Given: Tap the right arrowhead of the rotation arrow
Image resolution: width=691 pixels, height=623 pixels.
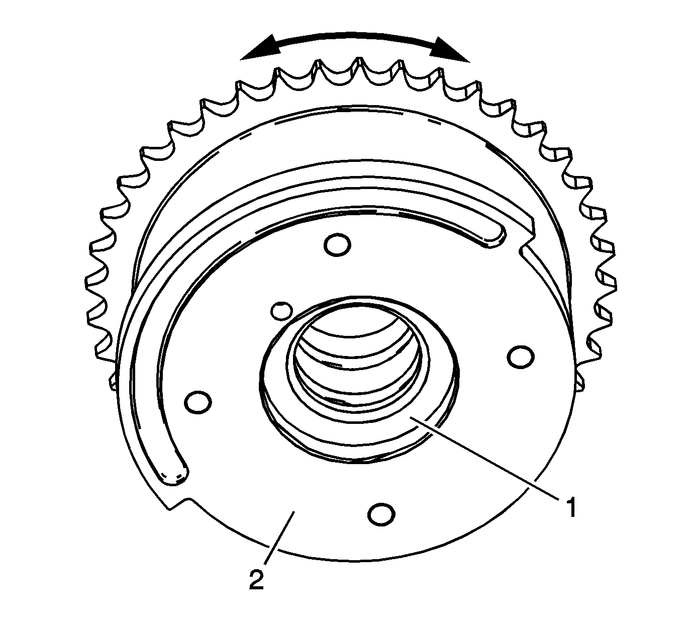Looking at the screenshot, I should tap(452, 50).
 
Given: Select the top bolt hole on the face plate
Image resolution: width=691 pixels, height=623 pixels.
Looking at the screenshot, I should tap(337, 244).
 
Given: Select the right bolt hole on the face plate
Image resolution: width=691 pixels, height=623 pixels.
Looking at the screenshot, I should tap(520, 356).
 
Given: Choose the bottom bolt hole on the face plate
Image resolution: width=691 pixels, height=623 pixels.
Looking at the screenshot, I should tap(380, 513).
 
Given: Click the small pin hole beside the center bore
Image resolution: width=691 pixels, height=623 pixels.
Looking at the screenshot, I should tap(280, 310).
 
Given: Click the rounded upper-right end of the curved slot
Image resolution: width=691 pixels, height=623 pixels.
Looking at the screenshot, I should tap(495, 235).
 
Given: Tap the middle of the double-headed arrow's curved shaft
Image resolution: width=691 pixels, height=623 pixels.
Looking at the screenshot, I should tap(355, 36).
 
